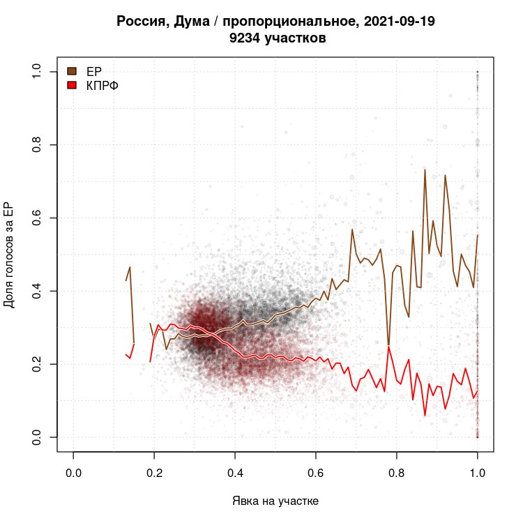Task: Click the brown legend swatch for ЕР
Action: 71,70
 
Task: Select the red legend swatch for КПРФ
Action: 71,84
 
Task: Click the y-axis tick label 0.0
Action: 37,437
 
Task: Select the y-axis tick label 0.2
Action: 37,364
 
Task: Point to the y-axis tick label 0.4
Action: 37,291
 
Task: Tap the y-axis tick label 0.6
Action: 37,218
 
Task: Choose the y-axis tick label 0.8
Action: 37,145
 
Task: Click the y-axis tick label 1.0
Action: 37,72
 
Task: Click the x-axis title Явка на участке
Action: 275,501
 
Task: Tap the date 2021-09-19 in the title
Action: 397,22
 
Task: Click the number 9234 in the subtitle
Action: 244,38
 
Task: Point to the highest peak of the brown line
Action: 425,169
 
